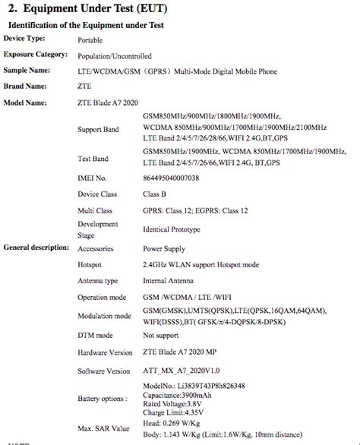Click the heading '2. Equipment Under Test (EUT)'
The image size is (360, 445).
90,9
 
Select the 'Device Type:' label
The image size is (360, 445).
24,38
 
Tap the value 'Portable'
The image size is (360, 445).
91,39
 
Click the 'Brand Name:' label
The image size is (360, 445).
26,86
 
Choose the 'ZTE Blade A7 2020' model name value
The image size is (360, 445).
109,103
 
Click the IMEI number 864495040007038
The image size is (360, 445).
171,178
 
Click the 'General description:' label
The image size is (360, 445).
36,248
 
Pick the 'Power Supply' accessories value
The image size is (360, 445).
164,248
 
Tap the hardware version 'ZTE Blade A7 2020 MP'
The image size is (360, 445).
181,352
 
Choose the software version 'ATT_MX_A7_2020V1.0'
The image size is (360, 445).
179,371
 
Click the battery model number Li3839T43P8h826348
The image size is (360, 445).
194,386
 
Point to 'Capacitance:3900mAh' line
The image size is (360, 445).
178,395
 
